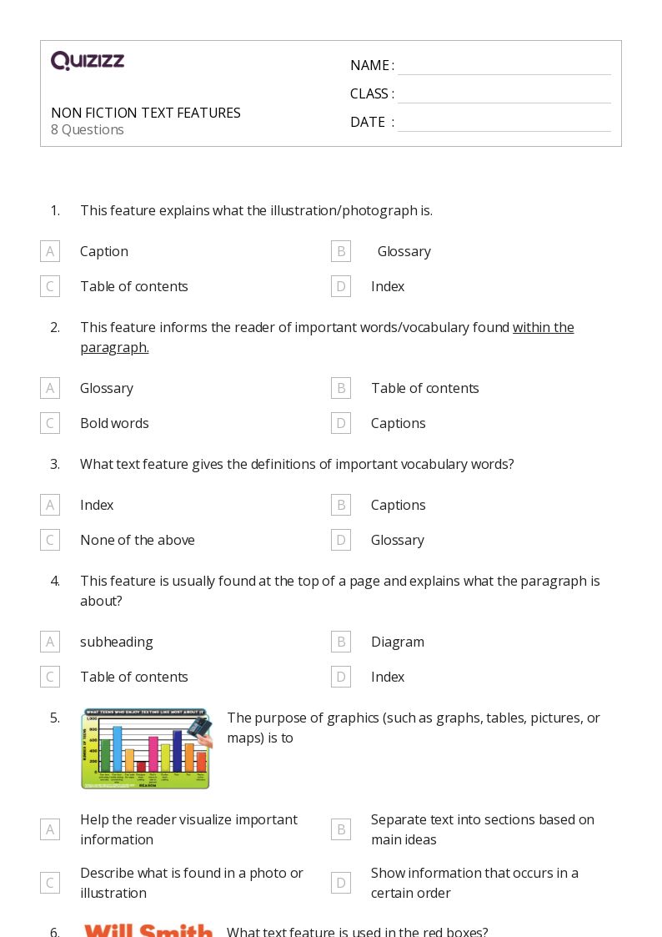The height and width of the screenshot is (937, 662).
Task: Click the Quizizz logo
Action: [88, 61]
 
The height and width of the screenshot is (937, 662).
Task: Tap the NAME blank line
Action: [504, 66]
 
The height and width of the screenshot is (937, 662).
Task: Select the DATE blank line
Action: [504, 123]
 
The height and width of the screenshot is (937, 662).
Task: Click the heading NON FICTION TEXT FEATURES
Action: [146, 113]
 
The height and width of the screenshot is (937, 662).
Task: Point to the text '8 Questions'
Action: [88, 130]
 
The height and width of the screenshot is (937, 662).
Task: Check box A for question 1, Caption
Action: [50, 251]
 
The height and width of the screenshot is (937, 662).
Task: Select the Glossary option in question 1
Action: [404, 251]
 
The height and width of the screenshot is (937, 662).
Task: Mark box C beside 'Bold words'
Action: [50, 423]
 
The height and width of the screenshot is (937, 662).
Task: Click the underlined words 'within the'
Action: [544, 327]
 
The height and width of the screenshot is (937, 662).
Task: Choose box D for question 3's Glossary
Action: [340, 540]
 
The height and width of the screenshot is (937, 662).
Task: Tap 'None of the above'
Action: [138, 540]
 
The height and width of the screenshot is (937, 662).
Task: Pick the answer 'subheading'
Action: [117, 642]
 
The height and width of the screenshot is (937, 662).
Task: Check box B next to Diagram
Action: [340, 642]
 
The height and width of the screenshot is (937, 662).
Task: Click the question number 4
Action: [55, 581]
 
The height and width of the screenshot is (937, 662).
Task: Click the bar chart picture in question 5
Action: [145, 749]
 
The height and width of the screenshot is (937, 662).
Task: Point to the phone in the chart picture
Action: [199, 728]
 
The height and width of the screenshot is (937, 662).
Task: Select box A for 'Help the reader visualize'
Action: [50, 829]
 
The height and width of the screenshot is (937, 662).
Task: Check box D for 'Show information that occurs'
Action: [340, 883]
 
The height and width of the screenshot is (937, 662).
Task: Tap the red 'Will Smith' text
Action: [148, 929]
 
